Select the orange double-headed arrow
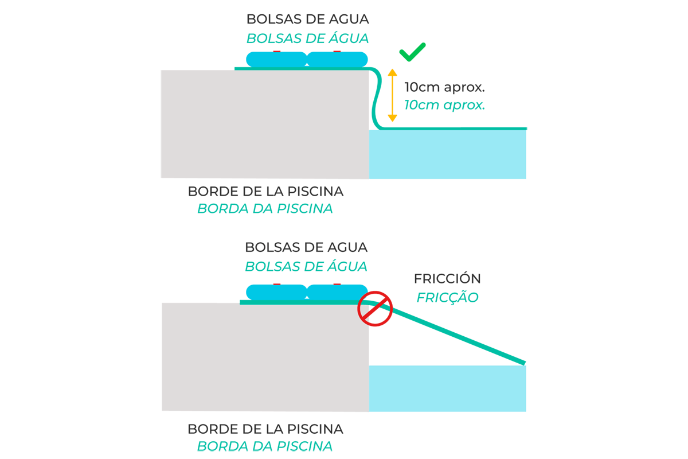pyautogui.click(x=392, y=95)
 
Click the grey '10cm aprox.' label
pyautogui.click(x=444, y=88)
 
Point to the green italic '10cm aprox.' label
pyautogui.click(x=444, y=106)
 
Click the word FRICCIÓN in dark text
pyautogui.click(x=447, y=279)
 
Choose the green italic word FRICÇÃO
pyautogui.click(x=447, y=298)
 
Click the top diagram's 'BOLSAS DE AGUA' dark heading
pyautogui.click(x=307, y=19)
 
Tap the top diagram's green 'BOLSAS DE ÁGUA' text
pyautogui.click(x=307, y=39)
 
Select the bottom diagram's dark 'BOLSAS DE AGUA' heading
pyautogui.click(x=306, y=248)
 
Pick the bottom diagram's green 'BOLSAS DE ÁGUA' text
pyautogui.click(x=306, y=267)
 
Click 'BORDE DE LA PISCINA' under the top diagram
pyautogui.click(x=265, y=190)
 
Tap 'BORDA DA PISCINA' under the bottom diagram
pyautogui.click(x=265, y=446)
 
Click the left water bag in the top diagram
pyautogui.click(x=276, y=59)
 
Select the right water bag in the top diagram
pyautogui.click(x=338, y=59)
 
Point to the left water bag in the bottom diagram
pyautogui.click(x=276, y=291)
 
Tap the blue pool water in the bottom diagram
pyautogui.click(x=447, y=388)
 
